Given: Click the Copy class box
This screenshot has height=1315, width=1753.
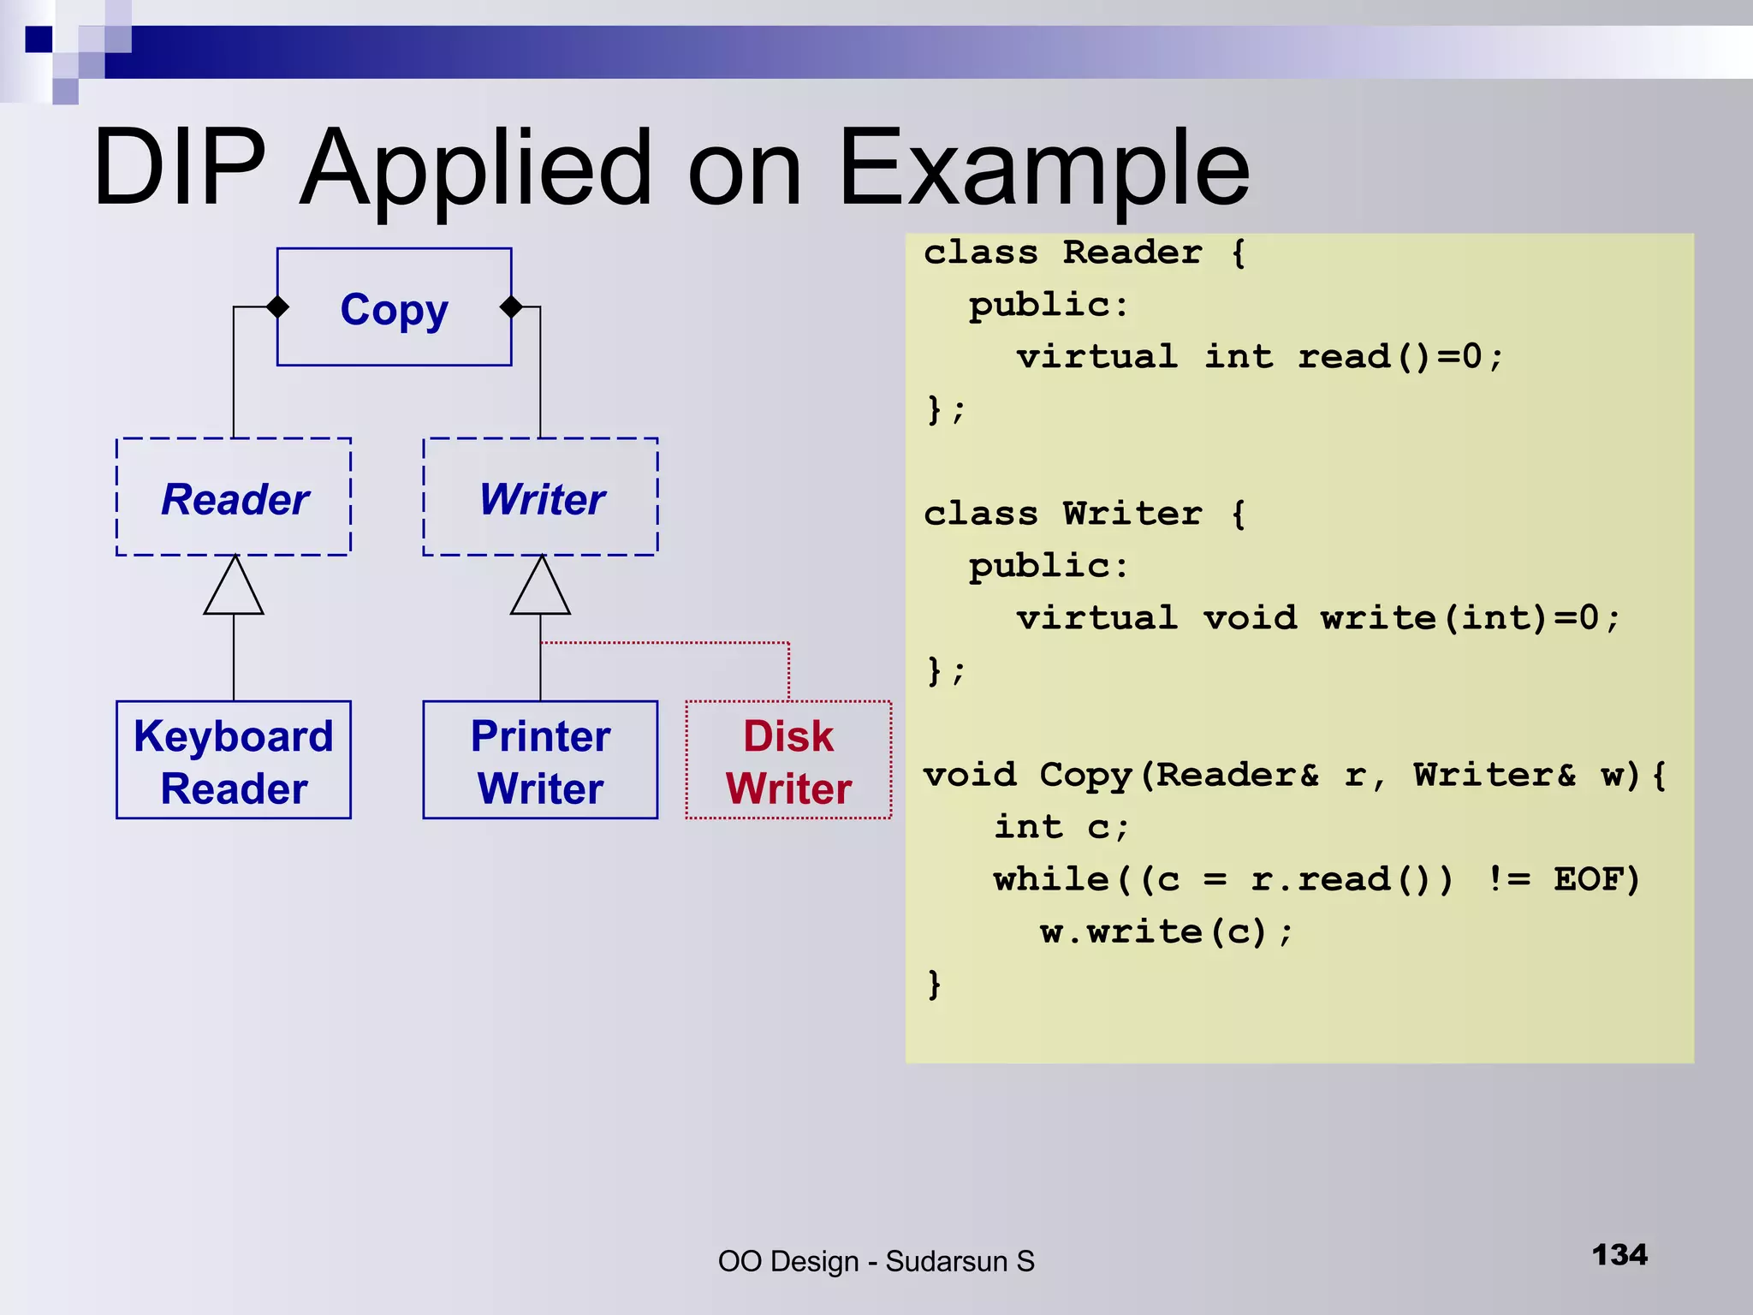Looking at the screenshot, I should point(394,306).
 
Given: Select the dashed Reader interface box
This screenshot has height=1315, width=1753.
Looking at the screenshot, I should point(234,497).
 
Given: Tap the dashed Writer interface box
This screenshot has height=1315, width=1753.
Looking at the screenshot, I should point(540,497).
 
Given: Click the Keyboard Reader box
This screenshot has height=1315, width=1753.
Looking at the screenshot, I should point(234,760).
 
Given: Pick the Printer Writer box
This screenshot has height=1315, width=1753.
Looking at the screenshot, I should point(540,760).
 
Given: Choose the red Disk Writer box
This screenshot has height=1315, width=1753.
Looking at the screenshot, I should point(788,760).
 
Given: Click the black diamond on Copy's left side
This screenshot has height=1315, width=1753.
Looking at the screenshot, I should point(277,306).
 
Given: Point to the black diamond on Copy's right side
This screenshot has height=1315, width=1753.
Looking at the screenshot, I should point(511,306).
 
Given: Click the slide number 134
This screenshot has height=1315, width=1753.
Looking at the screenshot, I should point(1619,1255).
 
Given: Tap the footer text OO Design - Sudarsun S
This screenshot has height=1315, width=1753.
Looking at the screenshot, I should point(876,1261).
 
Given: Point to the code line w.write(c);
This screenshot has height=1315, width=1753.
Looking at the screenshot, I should point(1166,931).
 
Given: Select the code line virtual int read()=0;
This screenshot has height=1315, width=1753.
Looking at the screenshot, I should point(1259,356).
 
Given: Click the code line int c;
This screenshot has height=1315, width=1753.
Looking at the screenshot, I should point(1061,827).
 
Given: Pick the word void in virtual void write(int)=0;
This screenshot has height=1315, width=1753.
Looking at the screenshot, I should point(1250,617).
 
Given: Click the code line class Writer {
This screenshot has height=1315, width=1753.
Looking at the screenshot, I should point(1084,514).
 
